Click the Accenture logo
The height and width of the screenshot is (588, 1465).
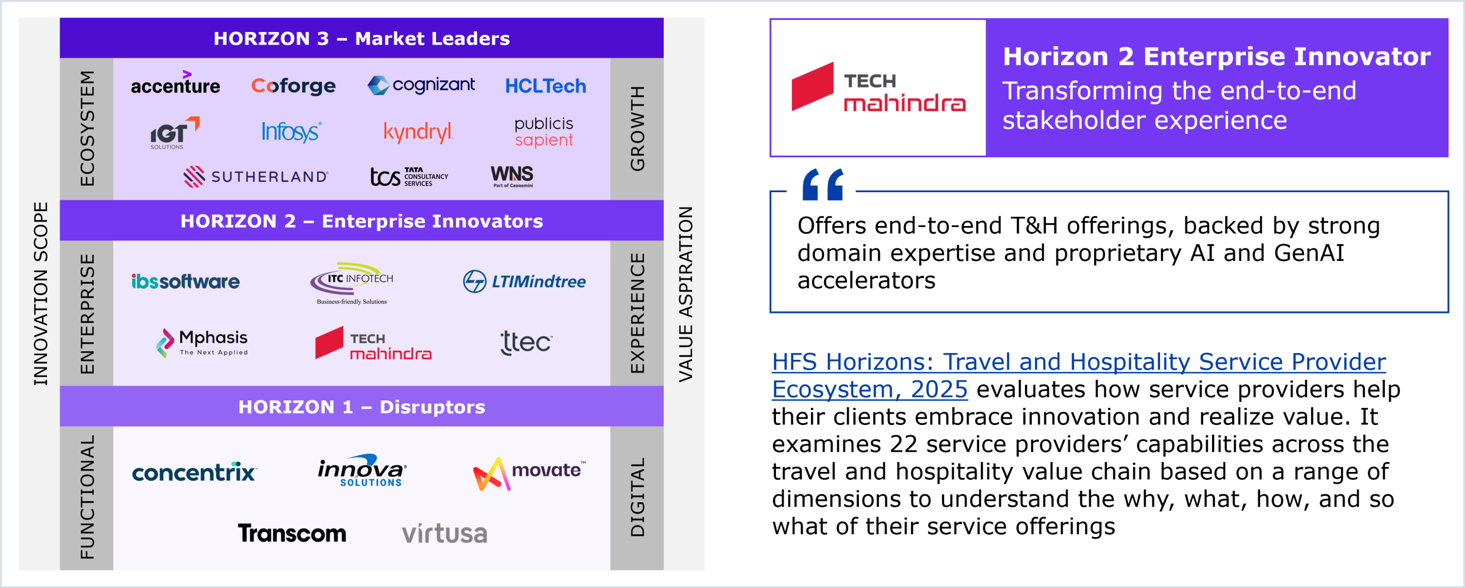coord(175,83)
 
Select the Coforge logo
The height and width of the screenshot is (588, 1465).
coord(293,86)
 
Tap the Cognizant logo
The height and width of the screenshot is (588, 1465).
coord(421,85)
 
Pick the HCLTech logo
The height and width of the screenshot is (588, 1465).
coord(545,86)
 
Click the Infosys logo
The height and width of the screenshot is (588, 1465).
coord(291,132)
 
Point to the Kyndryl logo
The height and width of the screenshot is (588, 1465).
coord(418,132)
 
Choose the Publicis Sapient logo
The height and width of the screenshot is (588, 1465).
coord(544,132)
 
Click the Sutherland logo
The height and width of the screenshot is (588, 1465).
coord(256,176)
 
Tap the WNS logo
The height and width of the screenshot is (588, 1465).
coord(512,176)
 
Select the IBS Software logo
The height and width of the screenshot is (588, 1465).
coord(185,281)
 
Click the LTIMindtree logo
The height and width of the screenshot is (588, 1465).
coord(524,281)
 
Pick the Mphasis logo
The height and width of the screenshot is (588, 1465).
coord(202,343)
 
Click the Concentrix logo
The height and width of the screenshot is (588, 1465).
coord(195,472)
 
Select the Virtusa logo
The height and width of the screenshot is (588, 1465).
coord(445,534)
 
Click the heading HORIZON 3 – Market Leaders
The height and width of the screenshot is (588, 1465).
coord(362,38)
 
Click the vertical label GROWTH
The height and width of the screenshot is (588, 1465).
coord(638,128)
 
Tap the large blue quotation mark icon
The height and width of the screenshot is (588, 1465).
coord(823,184)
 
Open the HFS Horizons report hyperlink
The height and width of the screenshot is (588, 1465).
coord(1079,375)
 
